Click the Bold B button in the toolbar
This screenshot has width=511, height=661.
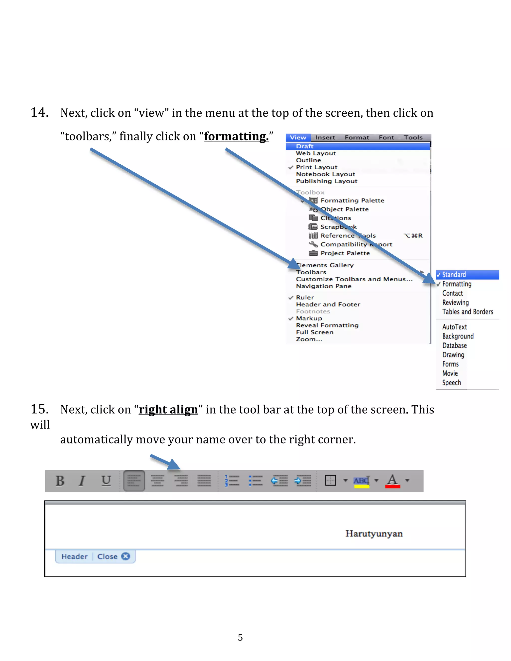[x=60, y=481]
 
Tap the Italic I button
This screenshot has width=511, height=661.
[x=82, y=481]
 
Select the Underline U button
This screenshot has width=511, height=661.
[x=106, y=481]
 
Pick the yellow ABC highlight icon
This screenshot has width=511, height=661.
[x=362, y=481]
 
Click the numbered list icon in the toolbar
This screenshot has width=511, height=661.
[x=232, y=481]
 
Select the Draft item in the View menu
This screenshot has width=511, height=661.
[x=305, y=146]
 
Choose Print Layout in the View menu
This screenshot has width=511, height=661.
[x=316, y=167]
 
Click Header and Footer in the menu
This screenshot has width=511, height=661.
[x=328, y=305]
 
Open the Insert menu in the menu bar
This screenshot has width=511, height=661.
[x=325, y=138]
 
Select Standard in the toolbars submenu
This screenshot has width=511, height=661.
[x=454, y=275]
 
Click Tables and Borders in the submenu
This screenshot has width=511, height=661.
[x=467, y=312]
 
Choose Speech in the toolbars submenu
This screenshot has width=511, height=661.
[x=451, y=383]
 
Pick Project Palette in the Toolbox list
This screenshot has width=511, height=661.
[x=345, y=253]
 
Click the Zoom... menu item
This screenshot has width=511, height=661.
[x=309, y=339]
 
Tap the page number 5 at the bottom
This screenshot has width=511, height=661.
[x=240, y=637]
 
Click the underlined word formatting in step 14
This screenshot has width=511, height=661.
[x=236, y=136]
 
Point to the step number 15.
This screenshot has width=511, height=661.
[x=40, y=409]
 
